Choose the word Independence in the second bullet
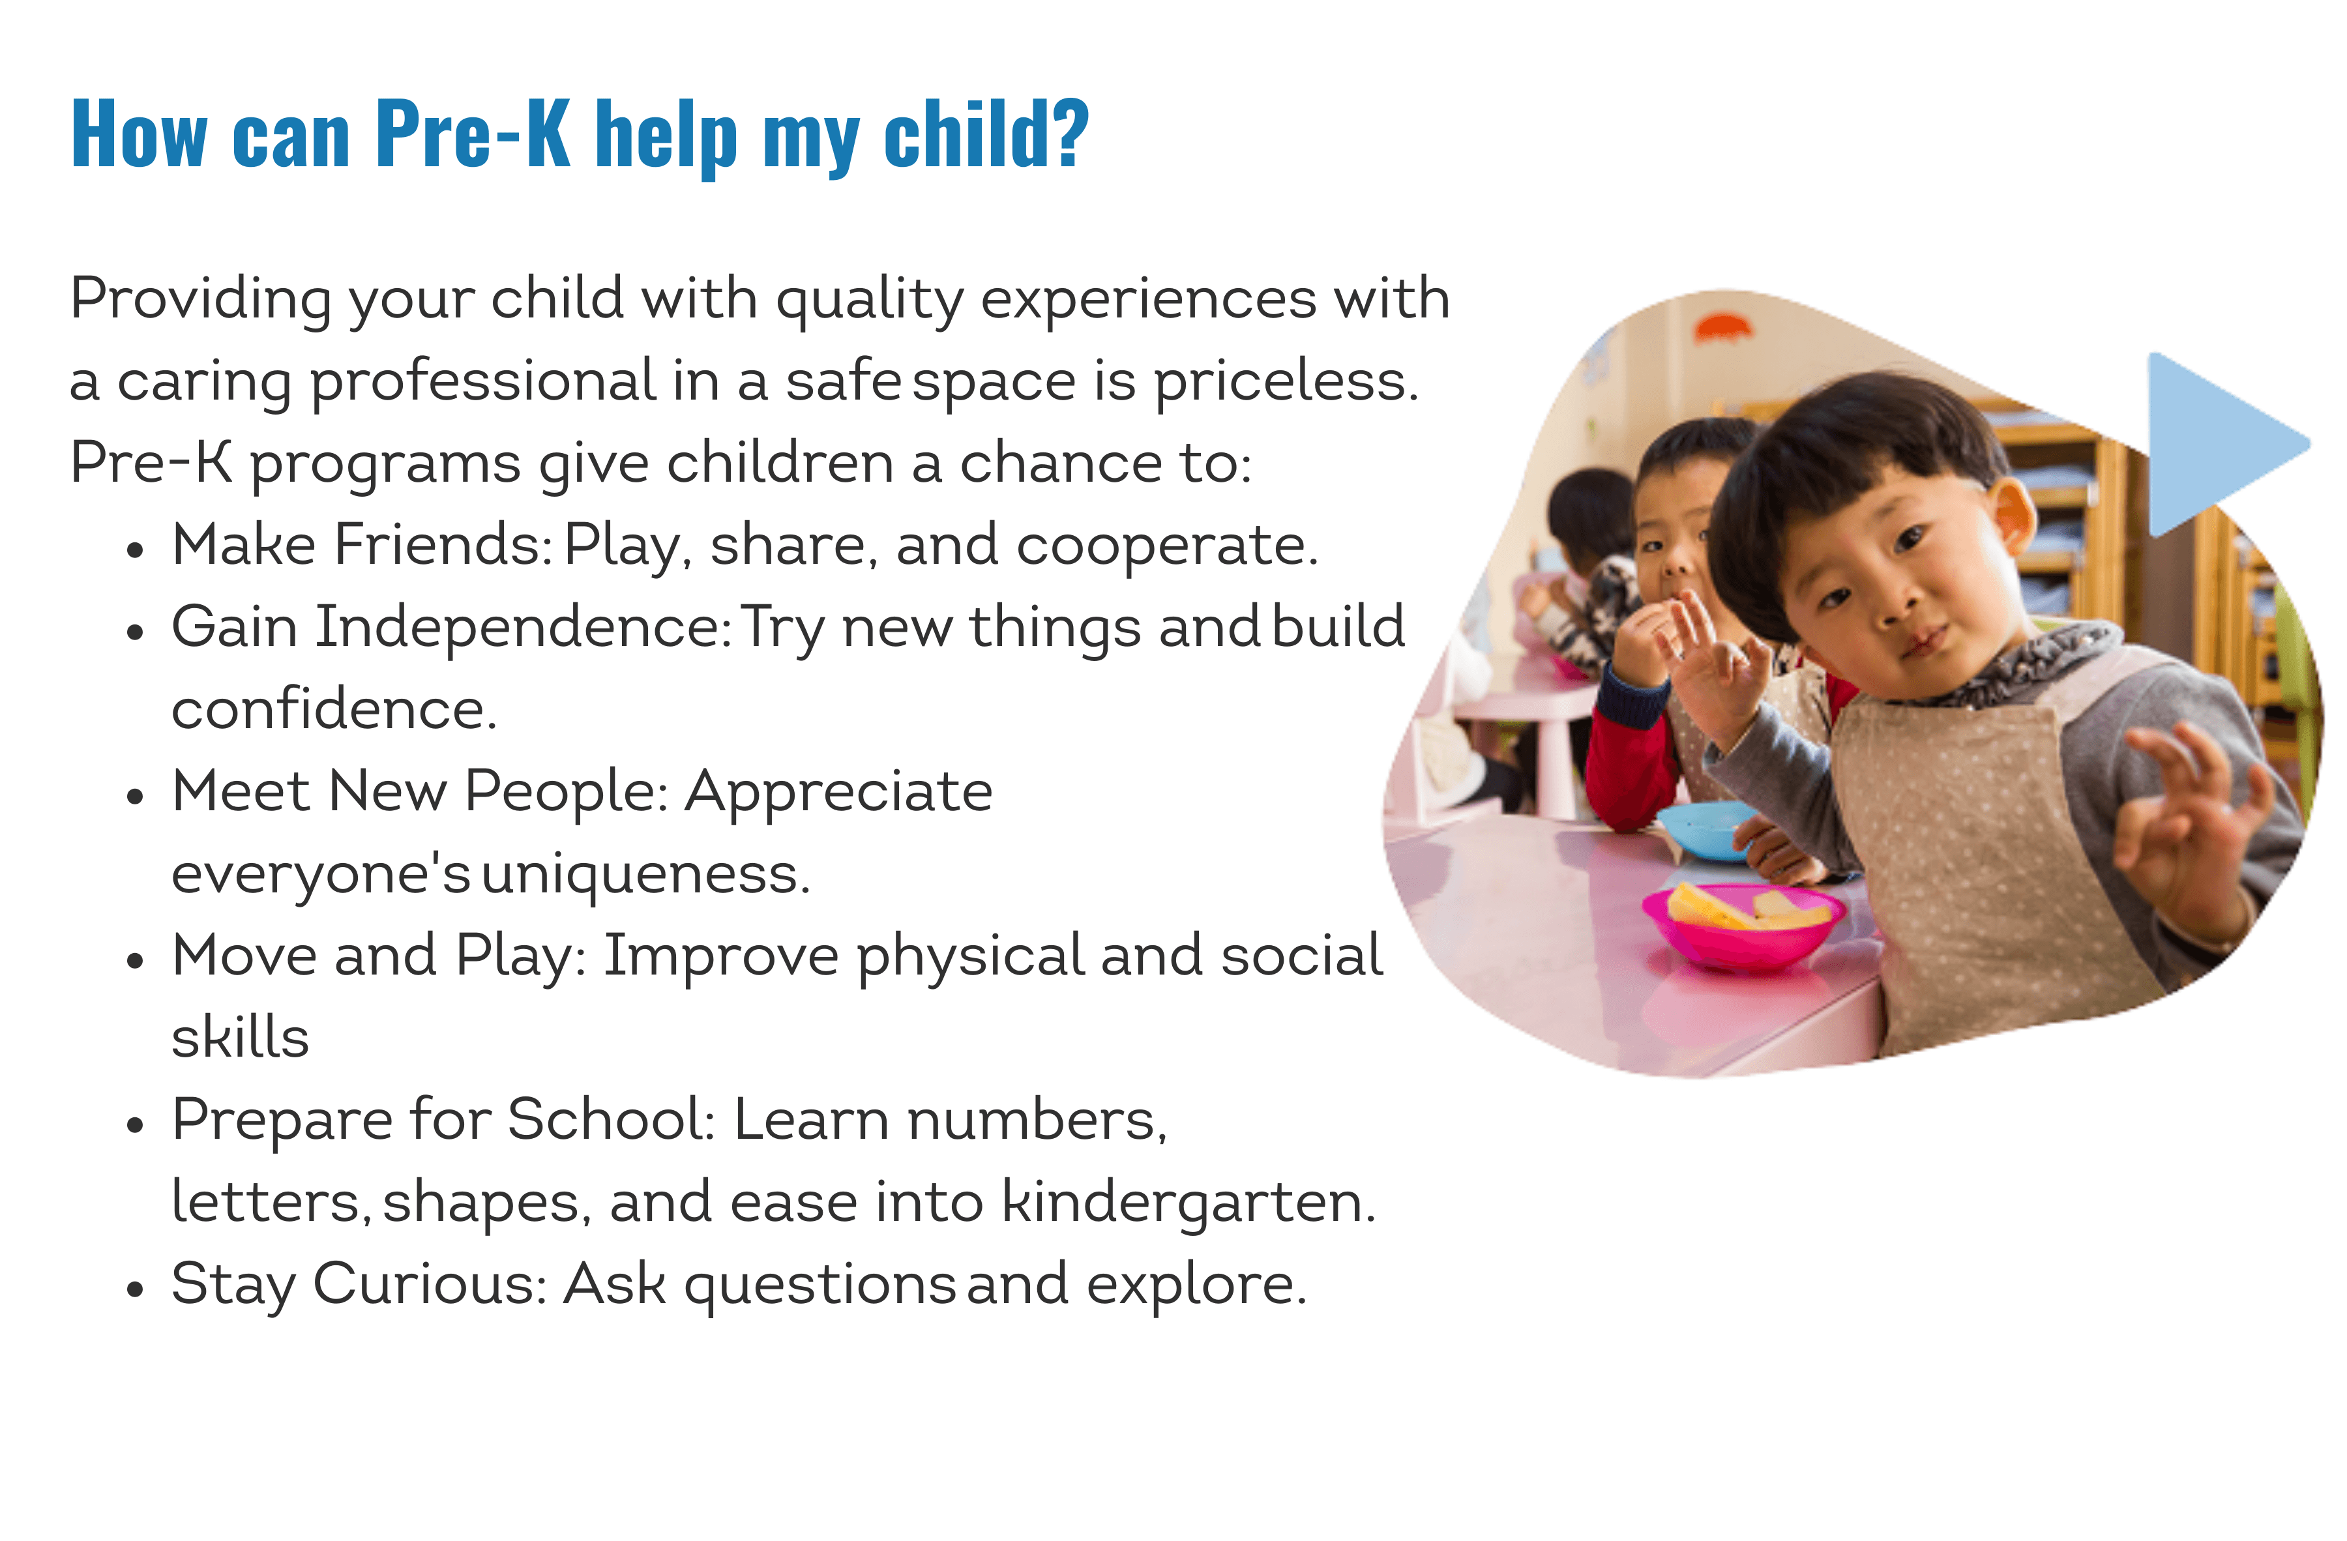pyautogui.click(x=523, y=627)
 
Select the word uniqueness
pyautogui.click(x=646, y=873)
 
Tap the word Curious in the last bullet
pyautogui.click(x=430, y=1285)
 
